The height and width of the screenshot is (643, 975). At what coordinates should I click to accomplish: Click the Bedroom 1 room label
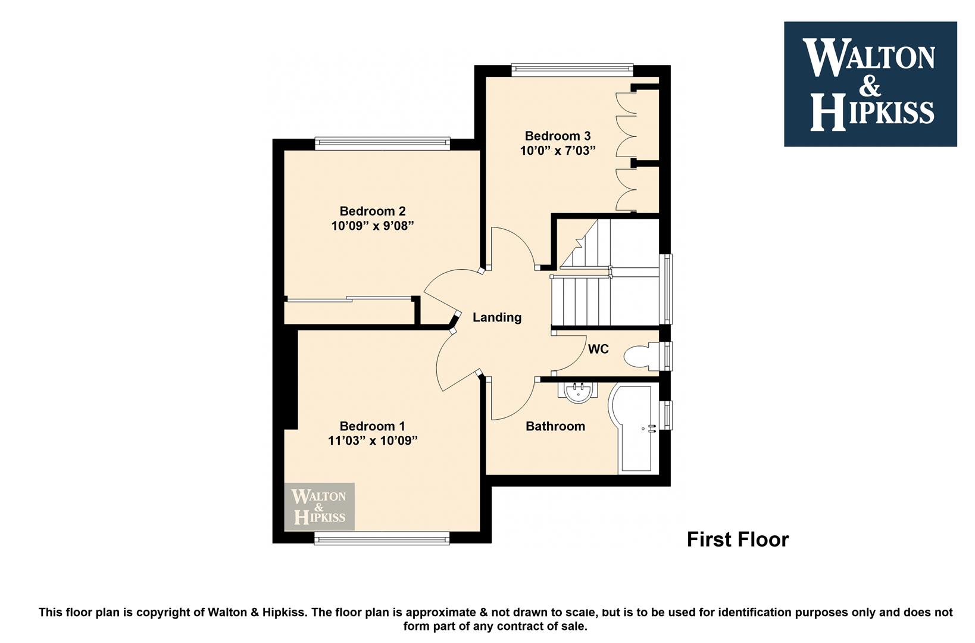[x=372, y=426]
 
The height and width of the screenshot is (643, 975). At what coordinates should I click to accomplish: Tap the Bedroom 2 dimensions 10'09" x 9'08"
[x=373, y=226]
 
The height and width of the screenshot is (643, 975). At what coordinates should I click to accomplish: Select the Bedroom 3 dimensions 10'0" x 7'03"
[x=558, y=151]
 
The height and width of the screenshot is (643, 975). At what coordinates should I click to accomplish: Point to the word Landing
[x=497, y=317]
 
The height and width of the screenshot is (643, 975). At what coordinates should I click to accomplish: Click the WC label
[x=598, y=349]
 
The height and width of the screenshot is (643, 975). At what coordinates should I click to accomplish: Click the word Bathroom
[x=555, y=426]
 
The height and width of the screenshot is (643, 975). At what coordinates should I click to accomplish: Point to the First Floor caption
[x=737, y=540]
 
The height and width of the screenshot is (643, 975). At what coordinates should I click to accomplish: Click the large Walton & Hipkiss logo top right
[x=870, y=84]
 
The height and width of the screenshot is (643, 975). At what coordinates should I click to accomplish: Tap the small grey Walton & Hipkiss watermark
[x=320, y=507]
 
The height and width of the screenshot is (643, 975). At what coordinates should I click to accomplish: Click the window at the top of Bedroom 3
[x=573, y=68]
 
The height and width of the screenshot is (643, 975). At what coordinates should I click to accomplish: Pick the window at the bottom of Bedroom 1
[x=382, y=540]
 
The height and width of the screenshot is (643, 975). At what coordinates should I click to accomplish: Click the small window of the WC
[x=666, y=356]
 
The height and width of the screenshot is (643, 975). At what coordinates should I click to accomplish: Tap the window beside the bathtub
[x=666, y=416]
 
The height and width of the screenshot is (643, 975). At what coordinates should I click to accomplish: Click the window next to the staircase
[x=666, y=289]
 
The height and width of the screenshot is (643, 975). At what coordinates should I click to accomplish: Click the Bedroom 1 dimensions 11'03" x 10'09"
[x=373, y=441]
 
